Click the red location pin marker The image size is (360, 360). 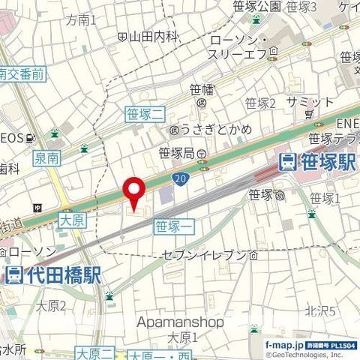(133, 193)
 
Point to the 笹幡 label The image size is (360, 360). (202, 89)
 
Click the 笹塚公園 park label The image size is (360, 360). (255, 6)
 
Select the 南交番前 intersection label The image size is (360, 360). (22, 73)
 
